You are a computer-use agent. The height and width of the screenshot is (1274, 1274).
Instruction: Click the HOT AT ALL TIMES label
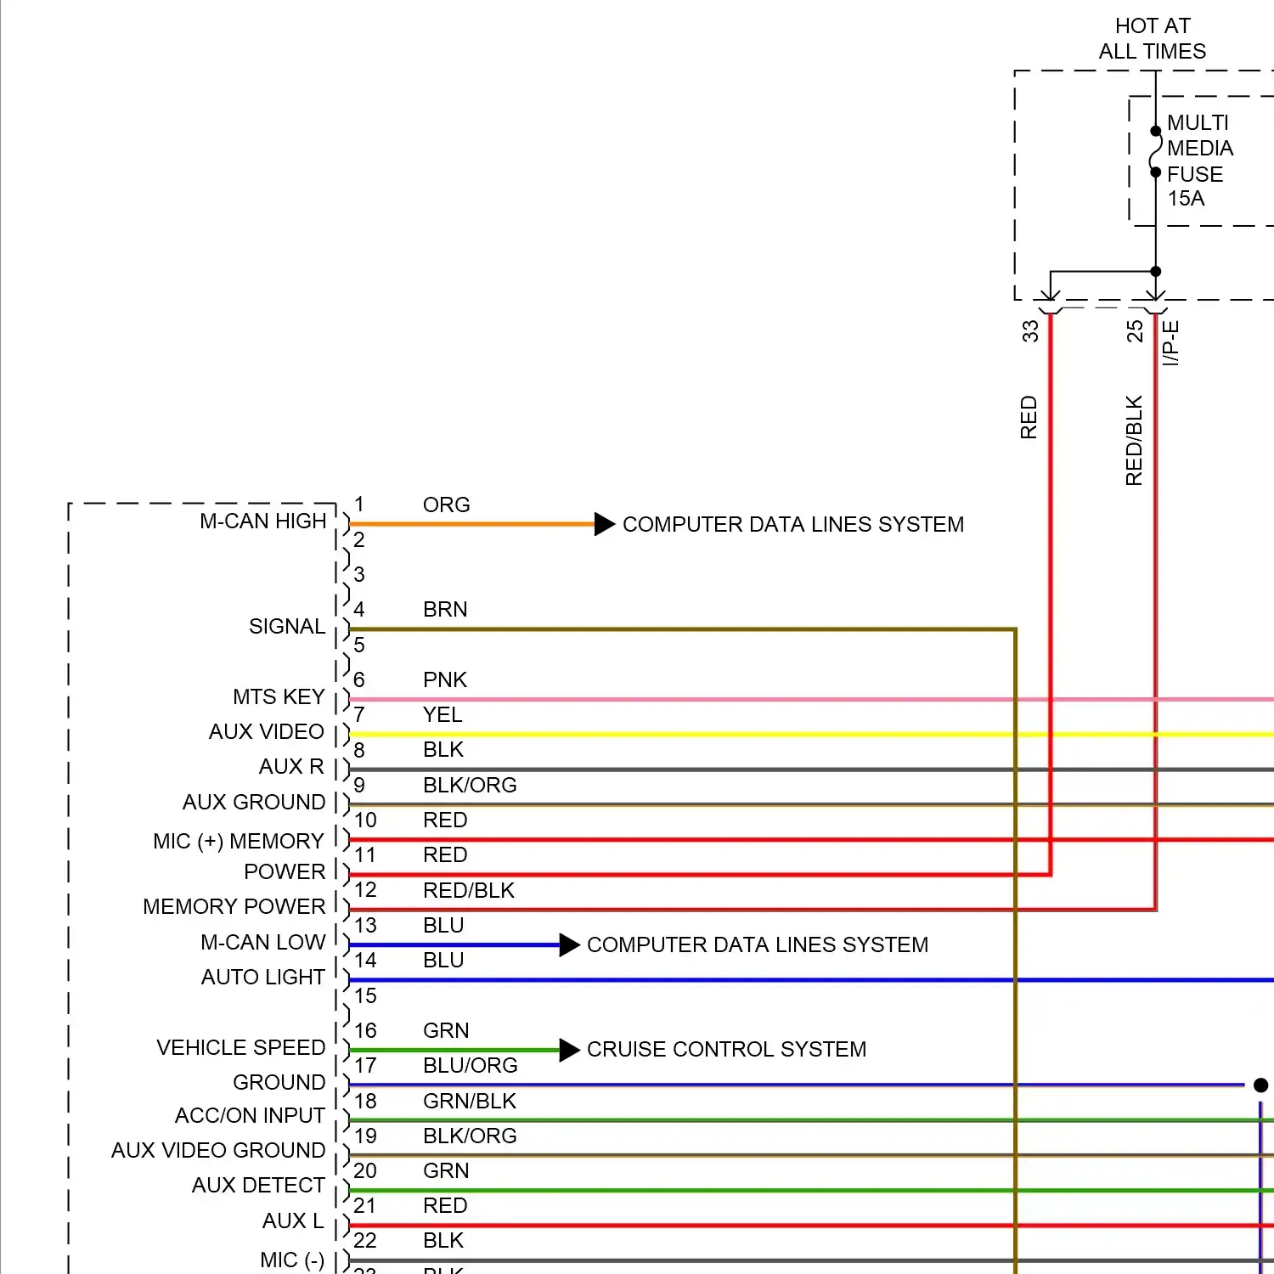point(1153,38)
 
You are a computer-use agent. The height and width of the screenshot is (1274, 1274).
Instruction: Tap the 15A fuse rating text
point(1186,199)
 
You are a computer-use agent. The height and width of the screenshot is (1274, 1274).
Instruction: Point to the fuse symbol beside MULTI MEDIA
point(1155,152)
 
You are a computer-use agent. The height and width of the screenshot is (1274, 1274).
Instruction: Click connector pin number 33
point(1030,330)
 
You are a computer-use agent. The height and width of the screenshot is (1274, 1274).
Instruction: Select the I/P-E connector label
point(1170,343)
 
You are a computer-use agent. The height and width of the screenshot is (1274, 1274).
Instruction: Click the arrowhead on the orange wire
point(605,524)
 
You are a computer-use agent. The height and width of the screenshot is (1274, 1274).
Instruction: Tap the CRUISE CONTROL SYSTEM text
point(726,1049)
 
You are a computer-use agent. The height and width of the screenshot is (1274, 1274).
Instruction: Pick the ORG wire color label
point(446,505)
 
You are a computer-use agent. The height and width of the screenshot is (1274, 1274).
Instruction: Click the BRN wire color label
point(445,609)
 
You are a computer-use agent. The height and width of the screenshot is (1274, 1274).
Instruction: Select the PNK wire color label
point(445,679)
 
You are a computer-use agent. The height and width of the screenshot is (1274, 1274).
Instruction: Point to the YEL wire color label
point(443,714)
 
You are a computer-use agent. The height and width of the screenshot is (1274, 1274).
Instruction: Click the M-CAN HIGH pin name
point(262,521)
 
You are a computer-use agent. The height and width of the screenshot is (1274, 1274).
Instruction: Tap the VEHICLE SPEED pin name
point(240,1047)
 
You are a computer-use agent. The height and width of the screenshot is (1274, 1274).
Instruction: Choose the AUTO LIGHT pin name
point(262,977)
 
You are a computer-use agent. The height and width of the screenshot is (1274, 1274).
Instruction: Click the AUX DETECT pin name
point(258,1185)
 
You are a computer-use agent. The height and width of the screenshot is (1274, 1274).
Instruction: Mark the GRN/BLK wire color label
point(470,1101)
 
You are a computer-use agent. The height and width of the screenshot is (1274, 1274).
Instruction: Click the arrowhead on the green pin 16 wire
point(570,1050)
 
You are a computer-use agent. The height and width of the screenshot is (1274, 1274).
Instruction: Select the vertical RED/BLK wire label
point(1134,440)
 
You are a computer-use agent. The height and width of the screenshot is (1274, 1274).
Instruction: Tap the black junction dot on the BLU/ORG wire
point(1260,1085)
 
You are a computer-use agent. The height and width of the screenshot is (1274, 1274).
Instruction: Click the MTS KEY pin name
point(279,696)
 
